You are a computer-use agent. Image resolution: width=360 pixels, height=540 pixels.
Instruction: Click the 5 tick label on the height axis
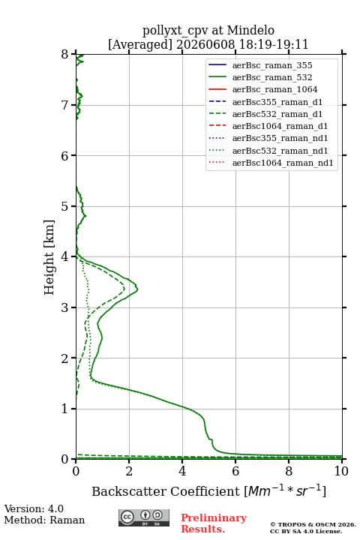pos(65,206)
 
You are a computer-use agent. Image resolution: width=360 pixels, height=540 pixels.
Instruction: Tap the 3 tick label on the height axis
pos(65,307)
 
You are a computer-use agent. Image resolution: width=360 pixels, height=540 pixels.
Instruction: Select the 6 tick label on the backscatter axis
pos(235,471)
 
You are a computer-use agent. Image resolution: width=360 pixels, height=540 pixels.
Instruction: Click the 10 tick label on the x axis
pos(341,471)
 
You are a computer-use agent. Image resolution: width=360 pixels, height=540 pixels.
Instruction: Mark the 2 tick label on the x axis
pos(129,471)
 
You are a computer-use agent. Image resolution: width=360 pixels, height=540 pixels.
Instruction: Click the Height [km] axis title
pos(49,257)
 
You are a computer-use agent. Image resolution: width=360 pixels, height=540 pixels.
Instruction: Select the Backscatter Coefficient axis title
pos(208,491)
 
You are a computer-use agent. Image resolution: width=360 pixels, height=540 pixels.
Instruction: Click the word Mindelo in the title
pos(250,30)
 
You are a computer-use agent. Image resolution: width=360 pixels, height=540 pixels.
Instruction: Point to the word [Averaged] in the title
pos(139,44)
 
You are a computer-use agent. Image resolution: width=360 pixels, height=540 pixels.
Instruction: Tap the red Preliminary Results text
pos(214,523)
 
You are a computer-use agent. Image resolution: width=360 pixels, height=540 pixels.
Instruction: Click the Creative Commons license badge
pos(144,517)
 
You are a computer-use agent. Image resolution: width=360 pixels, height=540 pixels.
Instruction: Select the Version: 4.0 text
pos(34,508)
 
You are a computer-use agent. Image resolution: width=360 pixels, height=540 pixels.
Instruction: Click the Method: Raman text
pos(44,520)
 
